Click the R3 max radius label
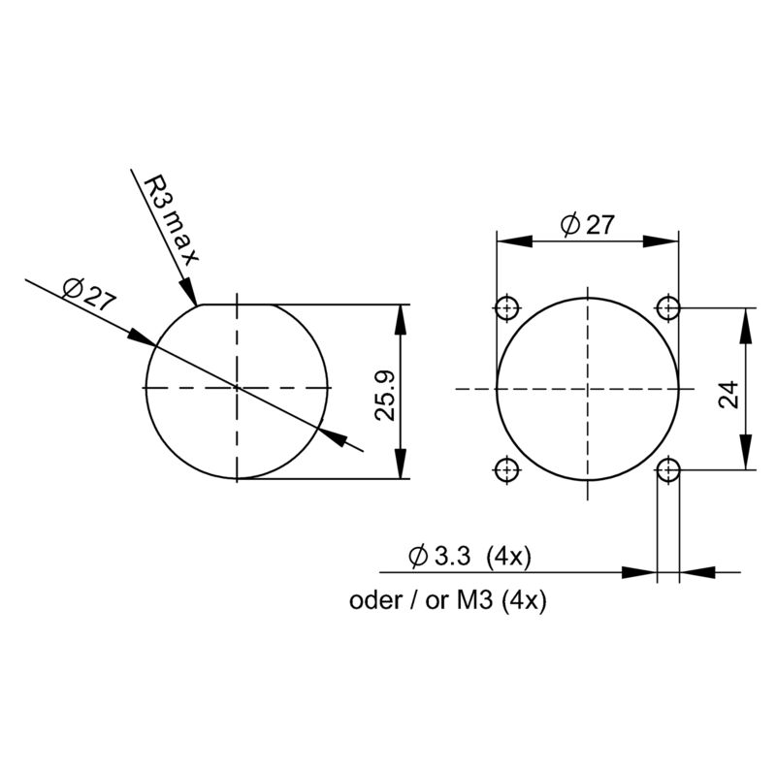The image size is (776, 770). (x=171, y=219)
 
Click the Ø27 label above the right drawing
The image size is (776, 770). (x=587, y=225)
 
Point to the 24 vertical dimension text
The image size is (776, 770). (x=729, y=392)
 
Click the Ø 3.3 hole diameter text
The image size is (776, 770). (x=440, y=557)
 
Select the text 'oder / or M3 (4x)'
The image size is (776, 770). (x=449, y=600)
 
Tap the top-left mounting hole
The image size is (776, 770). (x=505, y=308)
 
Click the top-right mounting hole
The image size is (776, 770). (x=667, y=308)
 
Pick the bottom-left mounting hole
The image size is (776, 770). (x=505, y=470)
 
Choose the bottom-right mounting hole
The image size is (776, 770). (x=667, y=470)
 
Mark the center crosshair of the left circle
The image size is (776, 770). (x=237, y=388)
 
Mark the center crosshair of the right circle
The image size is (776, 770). (x=587, y=388)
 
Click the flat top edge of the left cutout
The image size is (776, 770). (x=238, y=305)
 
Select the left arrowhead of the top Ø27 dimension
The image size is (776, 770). (x=509, y=241)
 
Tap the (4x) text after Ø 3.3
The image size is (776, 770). (x=507, y=557)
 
